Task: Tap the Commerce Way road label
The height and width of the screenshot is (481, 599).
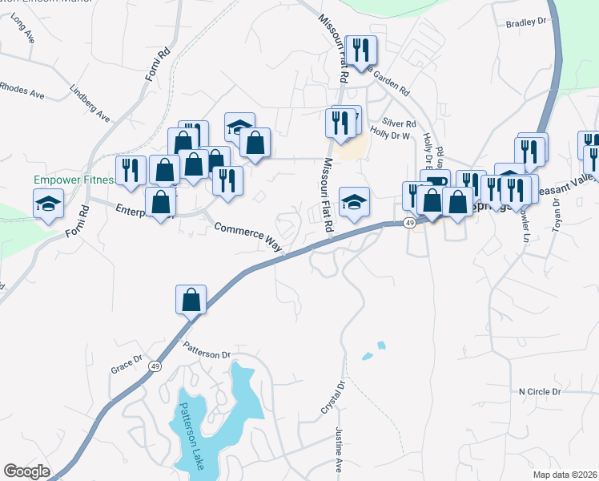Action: pos(248,238)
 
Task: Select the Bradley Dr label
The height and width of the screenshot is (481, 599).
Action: pos(525,23)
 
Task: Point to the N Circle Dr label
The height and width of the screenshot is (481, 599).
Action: pos(540,391)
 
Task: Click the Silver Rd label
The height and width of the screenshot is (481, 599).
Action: pos(400,123)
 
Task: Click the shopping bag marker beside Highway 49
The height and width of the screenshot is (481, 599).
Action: pos(191,300)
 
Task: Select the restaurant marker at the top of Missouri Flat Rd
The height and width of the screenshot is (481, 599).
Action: pos(360,51)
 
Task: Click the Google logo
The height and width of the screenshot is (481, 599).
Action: pos(26,471)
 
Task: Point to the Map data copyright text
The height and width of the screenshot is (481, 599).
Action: pos(565,475)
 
